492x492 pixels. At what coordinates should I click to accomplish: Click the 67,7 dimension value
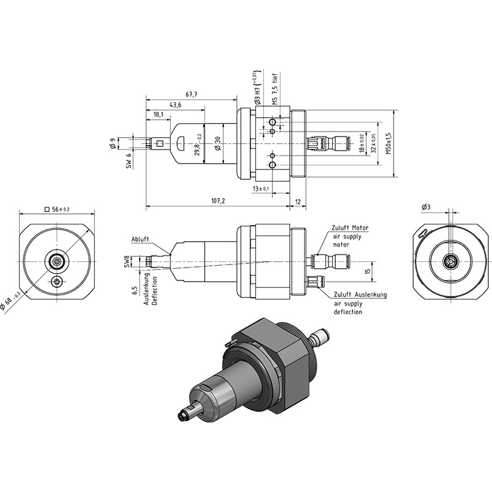tap(191, 95)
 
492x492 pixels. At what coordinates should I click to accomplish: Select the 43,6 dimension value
tap(175, 105)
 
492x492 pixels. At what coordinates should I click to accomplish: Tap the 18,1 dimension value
tap(159, 115)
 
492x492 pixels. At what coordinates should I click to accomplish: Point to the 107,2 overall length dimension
tap(218, 201)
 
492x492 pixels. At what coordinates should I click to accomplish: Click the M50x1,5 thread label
tap(389, 143)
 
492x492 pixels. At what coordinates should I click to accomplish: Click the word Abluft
tap(140, 239)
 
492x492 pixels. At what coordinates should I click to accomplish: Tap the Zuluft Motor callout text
tap(350, 228)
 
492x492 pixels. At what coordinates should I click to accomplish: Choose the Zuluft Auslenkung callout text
tap(360, 295)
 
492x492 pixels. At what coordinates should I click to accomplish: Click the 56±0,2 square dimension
tap(57, 209)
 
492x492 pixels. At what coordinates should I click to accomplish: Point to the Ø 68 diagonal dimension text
tap(11, 303)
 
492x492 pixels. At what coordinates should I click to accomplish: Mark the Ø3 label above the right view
tap(426, 207)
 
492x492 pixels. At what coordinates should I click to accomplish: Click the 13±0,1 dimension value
tap(261, 189)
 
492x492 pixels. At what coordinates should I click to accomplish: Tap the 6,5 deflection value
tap(135, 290)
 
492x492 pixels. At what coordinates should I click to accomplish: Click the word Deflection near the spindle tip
tap(154, 290)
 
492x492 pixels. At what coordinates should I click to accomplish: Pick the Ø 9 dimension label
tap(114, 143)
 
